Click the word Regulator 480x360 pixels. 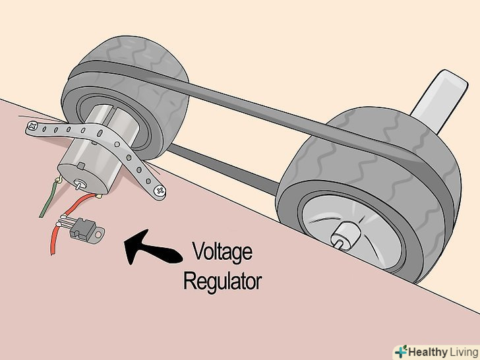tap(222, 282)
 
